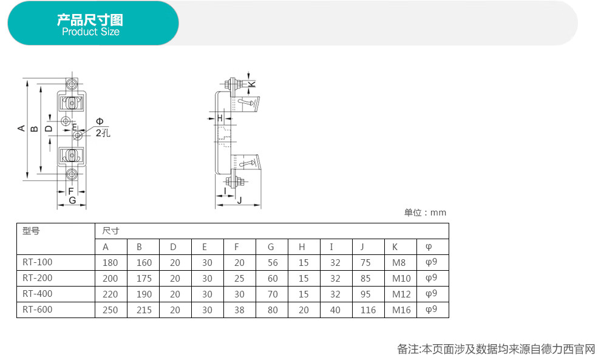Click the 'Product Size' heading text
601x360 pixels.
(x=90, y=32)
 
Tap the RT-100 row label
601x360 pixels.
(x=37, y=262)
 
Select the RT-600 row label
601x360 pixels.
(x=37, y=310)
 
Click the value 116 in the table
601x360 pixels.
(x=368, y=310)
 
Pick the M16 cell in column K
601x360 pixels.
(x=401, y=310)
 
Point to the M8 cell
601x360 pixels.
(x=399, y=263)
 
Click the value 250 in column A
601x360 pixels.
(x=110, y=310)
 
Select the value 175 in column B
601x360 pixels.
(x=144, y=278)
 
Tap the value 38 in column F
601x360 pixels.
(x=239, y=310)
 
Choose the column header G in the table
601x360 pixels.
(x=271, y=247)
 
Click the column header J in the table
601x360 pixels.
(x=362, y=247)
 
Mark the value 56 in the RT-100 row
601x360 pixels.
(x=273, y=263)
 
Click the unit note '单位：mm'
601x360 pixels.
(x=425, y=212)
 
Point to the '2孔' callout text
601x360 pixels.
(x=103, y=133)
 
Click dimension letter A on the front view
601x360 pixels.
(x=21, y=129)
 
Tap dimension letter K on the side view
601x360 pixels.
(x=252, y=84)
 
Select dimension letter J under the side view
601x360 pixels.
(x=240, y=200)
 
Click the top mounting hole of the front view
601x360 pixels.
(x=71, y=84)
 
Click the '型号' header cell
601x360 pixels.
(x=31, y=231)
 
